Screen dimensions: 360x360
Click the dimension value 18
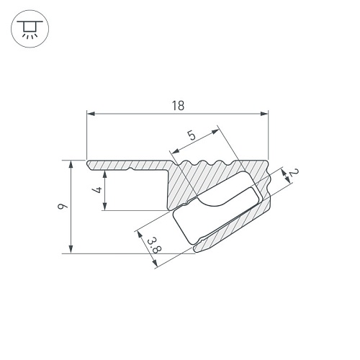(178, 106)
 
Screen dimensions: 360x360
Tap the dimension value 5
(192, 136)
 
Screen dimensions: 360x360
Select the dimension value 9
(63, 206)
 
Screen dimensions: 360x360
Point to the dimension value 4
(98, 190)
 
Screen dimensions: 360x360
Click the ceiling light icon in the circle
(30, 29)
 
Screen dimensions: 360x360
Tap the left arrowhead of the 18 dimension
(91, 114)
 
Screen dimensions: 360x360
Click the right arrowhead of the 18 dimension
(264, 114)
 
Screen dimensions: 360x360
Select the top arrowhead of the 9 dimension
(71, 164)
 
